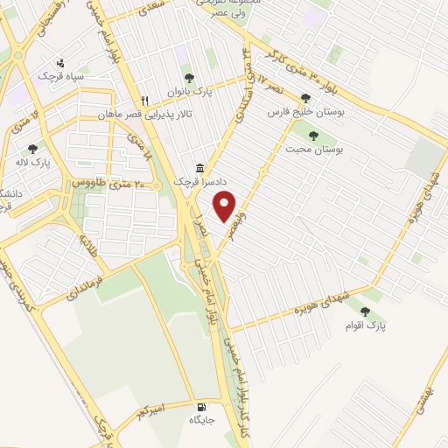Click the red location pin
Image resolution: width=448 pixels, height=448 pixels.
[226, 206]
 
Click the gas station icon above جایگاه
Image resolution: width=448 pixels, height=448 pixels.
[203, 408]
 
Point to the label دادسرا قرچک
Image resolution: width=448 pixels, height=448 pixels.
[192, 181]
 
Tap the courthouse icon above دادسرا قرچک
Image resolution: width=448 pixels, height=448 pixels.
[200, 168]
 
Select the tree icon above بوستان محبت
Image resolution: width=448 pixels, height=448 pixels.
[313, 136]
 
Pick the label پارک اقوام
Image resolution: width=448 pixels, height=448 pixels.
[364, 325]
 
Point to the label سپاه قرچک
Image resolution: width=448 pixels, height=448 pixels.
[58, 77]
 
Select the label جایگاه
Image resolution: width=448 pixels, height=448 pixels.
[202, 421]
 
